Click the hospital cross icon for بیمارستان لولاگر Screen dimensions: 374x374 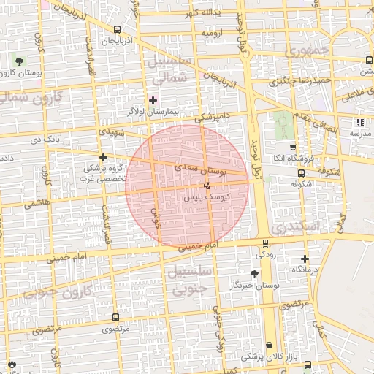153,100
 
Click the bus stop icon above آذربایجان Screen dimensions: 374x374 117,29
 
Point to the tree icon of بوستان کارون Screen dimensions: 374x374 18,61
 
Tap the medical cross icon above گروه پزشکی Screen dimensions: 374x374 103,157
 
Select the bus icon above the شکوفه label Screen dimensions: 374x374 301,174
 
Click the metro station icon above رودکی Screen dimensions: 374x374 264,243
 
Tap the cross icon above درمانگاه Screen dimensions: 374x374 305,259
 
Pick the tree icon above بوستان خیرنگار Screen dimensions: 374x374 253,274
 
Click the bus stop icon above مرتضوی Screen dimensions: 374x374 115,318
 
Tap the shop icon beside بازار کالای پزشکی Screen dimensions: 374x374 270,345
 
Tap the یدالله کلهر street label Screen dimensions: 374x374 202,14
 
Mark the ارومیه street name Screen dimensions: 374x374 211,34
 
